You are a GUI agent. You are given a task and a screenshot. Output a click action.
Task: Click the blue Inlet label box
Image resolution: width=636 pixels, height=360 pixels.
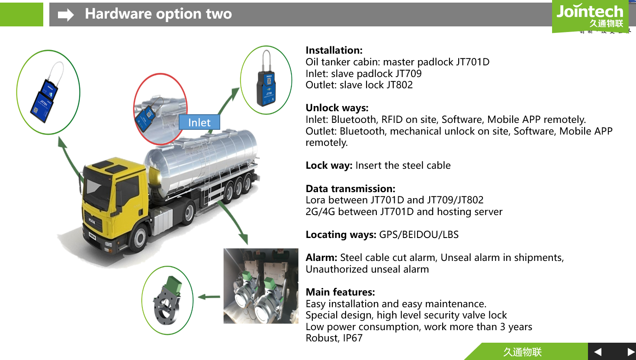(x=199, y=122)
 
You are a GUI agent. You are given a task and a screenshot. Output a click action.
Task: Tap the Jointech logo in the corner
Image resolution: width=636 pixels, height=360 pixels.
(x=590, y=16)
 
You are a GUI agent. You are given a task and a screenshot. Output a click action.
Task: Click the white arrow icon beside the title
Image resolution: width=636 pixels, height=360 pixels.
(x=66, y=15)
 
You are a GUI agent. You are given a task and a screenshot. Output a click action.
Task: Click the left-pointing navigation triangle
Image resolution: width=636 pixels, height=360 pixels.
(x=598, y=352)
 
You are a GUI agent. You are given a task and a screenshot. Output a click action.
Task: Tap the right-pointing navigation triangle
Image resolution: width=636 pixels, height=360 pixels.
(x=631, y=352)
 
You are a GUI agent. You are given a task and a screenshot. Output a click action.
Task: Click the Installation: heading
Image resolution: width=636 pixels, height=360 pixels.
(x=334, y=50)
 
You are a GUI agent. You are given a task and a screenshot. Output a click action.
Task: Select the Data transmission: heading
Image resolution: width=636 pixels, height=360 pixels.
(x=350, y=189)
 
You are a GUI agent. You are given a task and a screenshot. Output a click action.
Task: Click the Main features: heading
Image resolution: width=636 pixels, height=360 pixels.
(x=340, y=292)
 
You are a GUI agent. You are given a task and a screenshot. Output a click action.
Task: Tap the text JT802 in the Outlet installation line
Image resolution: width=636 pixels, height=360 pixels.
(x=400, y=85)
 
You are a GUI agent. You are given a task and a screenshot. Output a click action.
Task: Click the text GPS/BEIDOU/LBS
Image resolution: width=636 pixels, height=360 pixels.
(x=418, y=235)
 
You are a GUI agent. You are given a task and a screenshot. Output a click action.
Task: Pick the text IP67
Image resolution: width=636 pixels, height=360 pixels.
(x=353, y=338)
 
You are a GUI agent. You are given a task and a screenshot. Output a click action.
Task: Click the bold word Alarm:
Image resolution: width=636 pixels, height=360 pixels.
(x=321, y=257)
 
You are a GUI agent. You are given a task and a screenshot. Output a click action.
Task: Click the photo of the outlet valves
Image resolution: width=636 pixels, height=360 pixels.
(x=260, y=286)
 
